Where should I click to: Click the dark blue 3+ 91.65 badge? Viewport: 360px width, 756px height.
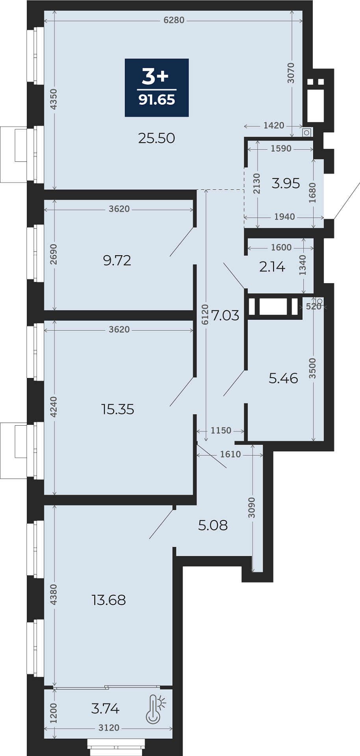coord(157,88)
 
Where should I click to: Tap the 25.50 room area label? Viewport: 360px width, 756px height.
coord(157,138)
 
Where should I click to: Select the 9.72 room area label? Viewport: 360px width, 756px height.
coord(117,260)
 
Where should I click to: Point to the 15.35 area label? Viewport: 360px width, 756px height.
coord(118,409)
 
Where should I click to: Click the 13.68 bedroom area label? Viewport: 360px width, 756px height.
coord(109,600)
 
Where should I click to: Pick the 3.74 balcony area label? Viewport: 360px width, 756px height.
coord(105,709)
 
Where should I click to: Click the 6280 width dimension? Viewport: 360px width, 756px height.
coord(174,20)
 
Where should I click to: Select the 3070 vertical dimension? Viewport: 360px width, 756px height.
coord(291,73)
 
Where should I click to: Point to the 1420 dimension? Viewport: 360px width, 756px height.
coord(274,126)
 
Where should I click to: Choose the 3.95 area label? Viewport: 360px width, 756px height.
coord(286,183)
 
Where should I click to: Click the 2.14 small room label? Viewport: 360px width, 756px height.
coord(272,267)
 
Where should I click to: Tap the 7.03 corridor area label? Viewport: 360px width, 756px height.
coord(225,315)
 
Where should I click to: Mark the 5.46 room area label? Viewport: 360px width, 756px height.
coord(283,378)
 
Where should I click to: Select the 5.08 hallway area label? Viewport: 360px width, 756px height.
coord(213,525)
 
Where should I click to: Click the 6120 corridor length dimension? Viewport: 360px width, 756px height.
coord(205,315)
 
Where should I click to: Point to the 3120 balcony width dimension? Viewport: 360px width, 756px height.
coord(109,728)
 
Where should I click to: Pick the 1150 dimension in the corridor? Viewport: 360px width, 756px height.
coord(221,431)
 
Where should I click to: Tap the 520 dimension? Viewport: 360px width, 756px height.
coord(314,307)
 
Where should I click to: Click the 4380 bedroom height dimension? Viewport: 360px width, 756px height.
coord(54,595)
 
